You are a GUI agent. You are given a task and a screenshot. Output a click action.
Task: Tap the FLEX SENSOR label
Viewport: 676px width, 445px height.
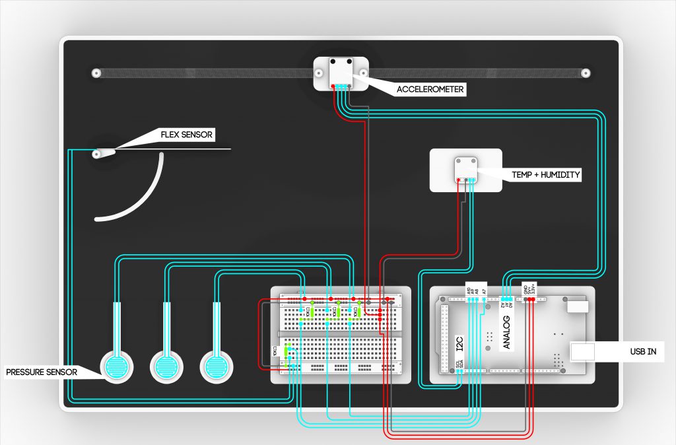click(x=187, y=135)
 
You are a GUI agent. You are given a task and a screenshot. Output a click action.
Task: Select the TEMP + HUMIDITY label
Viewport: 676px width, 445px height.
click(x=545, y=175)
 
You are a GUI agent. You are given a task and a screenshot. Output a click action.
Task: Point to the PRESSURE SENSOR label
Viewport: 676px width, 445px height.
click(x=41, y=372)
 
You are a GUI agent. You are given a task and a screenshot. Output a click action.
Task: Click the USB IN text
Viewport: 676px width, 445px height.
click(x=642, y=352)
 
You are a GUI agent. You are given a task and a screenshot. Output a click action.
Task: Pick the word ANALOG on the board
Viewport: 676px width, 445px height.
click(x=507, y=332)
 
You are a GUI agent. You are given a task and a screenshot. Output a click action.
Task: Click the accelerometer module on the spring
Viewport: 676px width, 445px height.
click(x=341, y=73)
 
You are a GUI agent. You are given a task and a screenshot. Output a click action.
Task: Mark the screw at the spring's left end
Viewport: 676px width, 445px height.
click(x=96, y=73)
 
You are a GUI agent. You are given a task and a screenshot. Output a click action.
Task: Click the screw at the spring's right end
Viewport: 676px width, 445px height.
click(x=585, y=73)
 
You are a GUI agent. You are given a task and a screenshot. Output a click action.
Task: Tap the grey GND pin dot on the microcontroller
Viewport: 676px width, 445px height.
click(x=525, y=299)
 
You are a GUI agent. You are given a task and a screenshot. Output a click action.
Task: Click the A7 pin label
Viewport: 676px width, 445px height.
click(x=484, y=290)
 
